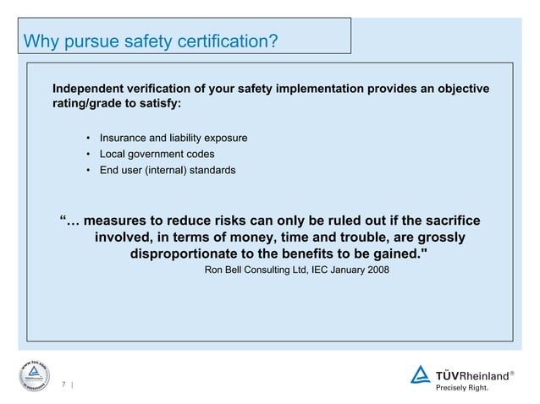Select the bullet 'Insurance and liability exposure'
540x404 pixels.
click(174, 138)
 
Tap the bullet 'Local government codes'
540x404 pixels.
click(157, 154)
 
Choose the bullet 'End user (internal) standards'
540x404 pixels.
click(168, 170)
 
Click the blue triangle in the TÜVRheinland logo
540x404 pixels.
click(420, 374)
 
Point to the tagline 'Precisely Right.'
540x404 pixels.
click(462, 389)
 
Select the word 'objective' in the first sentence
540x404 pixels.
click(460, 89)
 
